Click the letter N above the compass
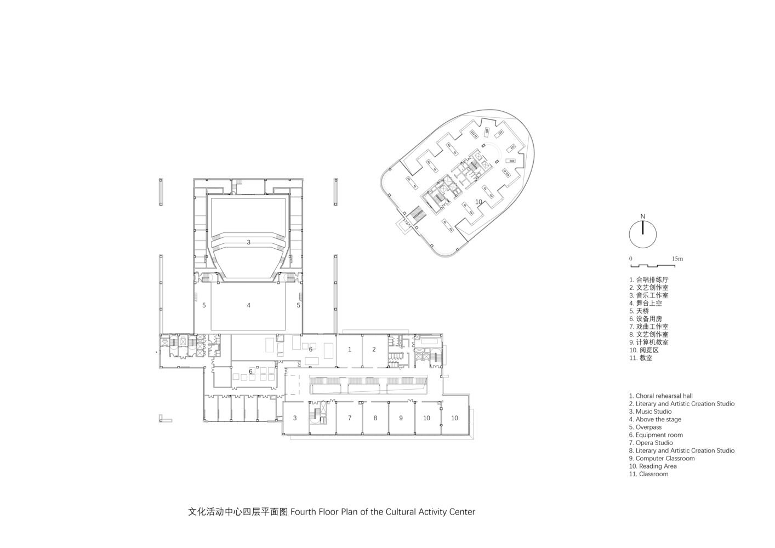click(642, 216)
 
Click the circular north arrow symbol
click(642, 234)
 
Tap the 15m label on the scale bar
click(677, 259)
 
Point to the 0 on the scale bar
click(630, 259)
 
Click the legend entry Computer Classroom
click(662, 458)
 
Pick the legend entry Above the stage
click(655, 419)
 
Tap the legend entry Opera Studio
click(651, 443)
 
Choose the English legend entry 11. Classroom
click(648, 474)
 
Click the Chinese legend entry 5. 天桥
click(639, 311)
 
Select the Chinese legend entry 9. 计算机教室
click(649, 342)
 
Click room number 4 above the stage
click(248, 305)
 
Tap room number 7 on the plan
click(350, 418)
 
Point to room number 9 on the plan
click(401, 418)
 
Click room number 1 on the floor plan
click(350, 350)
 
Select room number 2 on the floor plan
click(374, 350)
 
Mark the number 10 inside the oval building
click(478, 202)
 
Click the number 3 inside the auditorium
click(248, 243)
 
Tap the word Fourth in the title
click(304, 512)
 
